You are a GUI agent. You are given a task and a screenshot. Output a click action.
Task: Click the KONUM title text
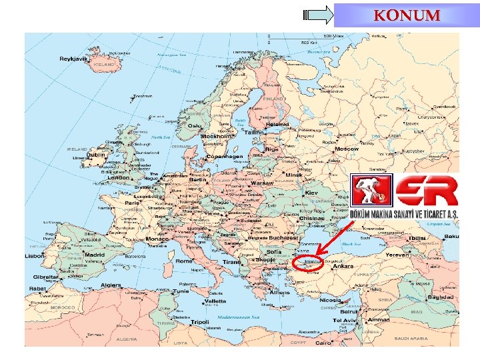tap(407, 15)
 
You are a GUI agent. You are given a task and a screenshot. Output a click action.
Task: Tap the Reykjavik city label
tap(74, 59)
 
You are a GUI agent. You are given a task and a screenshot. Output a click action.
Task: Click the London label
tap(118, 178)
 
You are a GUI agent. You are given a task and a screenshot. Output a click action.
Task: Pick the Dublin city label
tap(96, 155)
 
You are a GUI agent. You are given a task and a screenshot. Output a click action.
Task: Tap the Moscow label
tap(346, 149)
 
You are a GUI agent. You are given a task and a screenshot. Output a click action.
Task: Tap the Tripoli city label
tap(199, 322)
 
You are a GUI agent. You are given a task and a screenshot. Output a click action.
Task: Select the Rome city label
tap(183, 261)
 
